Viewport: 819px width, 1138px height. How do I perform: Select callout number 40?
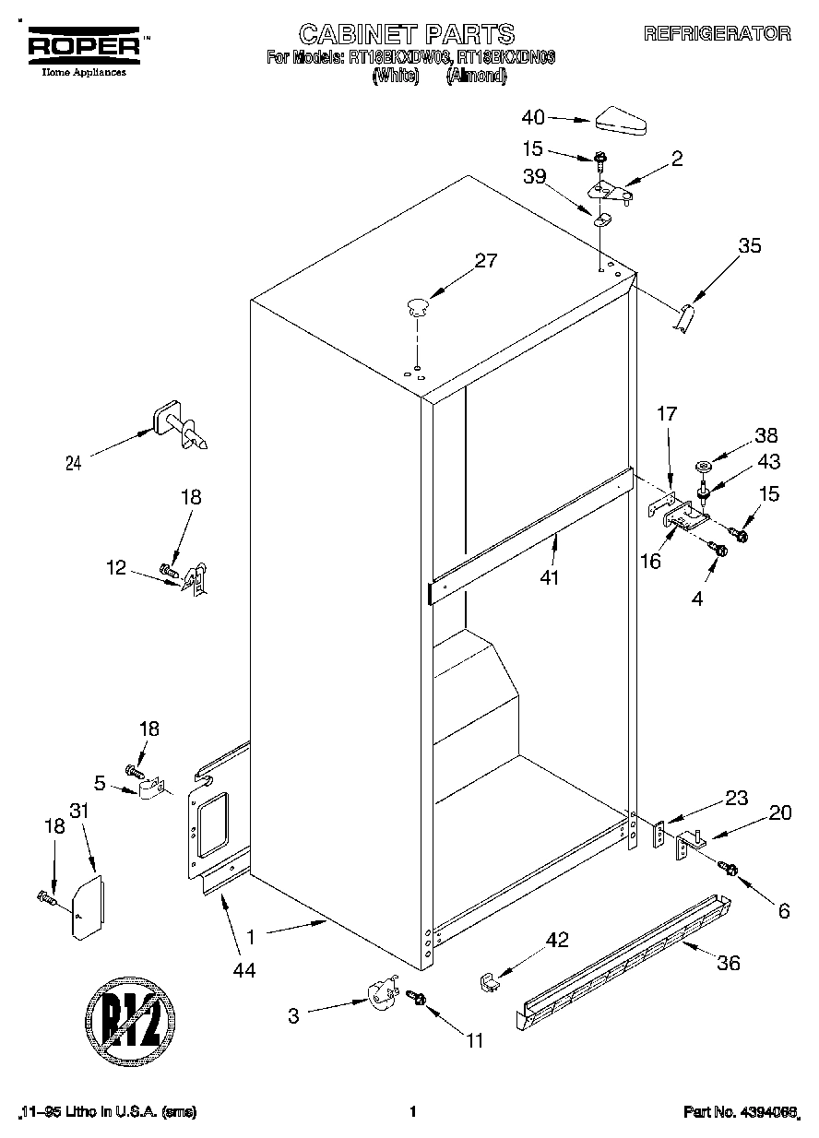pyautogui.click(x=533, y=117)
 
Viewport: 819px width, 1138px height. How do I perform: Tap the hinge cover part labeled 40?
pyautogui.click(x=623, y=119)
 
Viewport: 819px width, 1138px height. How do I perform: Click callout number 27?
pyautogui.click(x=485, y=261)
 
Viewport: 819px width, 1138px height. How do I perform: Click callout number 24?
pyautogui.click(x=73, y=464)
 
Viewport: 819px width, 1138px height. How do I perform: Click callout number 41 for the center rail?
pyautogui.click(x=552, y=578)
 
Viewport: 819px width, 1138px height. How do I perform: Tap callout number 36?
pyautogui.click(x=729, y=964)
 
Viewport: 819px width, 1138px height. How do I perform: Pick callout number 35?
pyautogui.click(x=750, y=246)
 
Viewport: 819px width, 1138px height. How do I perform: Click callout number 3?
pyautogui.click(x=293, y=1016)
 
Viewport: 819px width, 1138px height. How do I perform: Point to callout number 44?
pyautogui.click(x=244, y=969)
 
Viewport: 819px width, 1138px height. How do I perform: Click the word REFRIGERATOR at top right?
pyautogui.click(x=717, y=33)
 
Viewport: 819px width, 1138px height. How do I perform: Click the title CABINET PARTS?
pyautogui.click(x=405, y=34)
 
